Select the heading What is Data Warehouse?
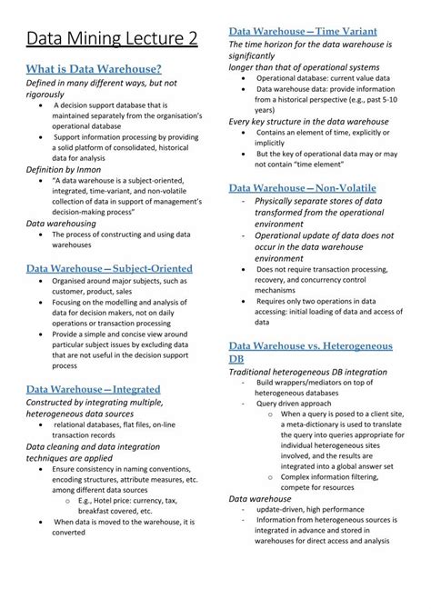click(94, 69)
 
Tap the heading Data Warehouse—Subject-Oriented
click(109, 268)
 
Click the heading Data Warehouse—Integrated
click(93, 388)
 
